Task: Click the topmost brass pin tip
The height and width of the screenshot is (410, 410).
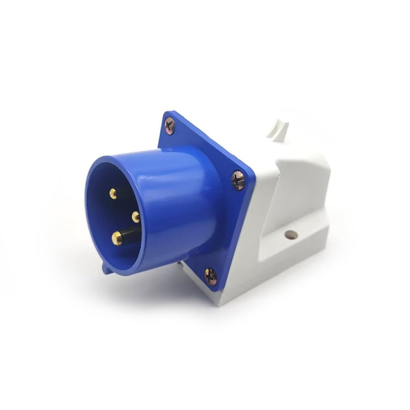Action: (113, 194)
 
